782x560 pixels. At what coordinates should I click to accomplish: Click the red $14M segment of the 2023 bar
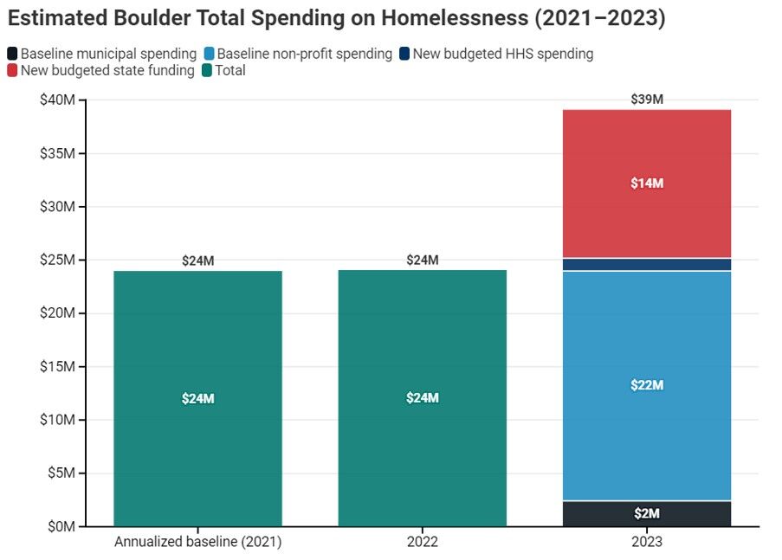coord(646,183)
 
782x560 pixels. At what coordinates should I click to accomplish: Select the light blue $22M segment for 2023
coord(646,385)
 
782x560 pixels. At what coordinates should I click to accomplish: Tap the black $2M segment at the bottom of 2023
coord(646,513)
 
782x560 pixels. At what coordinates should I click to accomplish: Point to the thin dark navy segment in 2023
coord(646,264)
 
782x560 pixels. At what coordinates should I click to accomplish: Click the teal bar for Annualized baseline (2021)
coord(197,398)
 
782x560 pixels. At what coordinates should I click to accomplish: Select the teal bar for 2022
coord(422,398)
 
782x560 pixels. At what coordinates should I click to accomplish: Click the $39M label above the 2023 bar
coord(647,100)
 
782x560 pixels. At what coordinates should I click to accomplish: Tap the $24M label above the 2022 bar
coord(423,260)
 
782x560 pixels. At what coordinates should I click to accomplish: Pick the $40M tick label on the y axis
coord(57,100)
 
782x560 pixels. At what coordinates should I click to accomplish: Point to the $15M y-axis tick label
coord(57,366)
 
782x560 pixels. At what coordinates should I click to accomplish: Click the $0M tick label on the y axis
coord(61,526)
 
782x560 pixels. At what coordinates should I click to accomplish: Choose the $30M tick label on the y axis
coord(57,207)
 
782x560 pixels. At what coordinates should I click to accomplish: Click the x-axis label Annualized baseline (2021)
coord(198,542)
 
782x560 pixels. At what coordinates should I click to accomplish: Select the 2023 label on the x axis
coord(647,542)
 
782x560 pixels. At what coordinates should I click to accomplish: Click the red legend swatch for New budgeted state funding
coord(12,70)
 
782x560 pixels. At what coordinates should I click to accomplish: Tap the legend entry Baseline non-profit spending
coord(298,54)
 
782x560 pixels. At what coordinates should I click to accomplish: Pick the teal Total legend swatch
coord(207,70)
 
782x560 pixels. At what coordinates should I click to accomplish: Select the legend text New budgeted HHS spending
coord(502,54)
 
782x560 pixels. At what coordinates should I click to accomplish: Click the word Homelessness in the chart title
coord(455,18)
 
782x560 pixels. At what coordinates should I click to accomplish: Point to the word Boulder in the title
coord(152,18)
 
